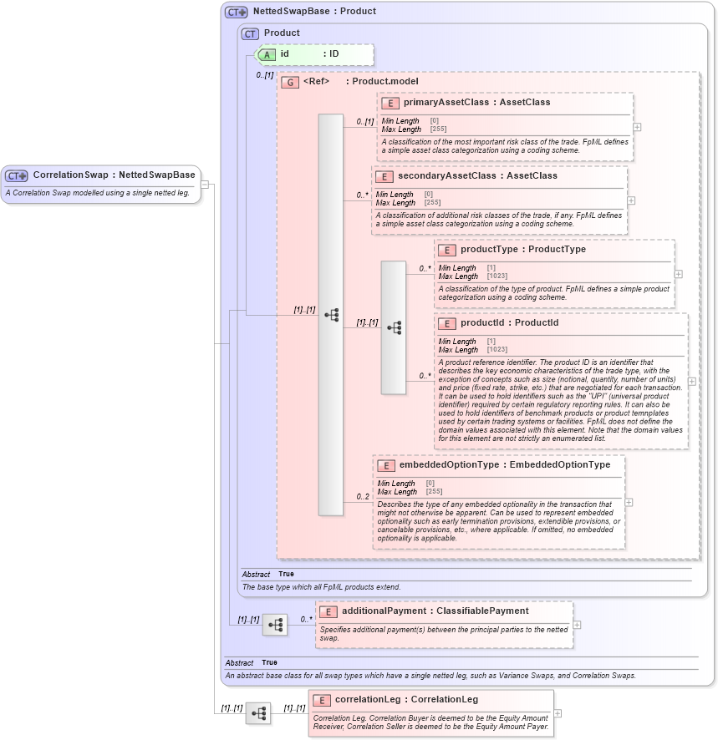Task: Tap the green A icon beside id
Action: click(x=267, y=54)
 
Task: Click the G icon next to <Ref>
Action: click(x=290, y=82)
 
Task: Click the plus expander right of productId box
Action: click(x=691, y=382)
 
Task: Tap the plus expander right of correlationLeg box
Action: click(x=558, y=713)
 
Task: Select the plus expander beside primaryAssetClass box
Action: click(x=637, y=127)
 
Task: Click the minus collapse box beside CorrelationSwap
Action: click(x=205, y=185)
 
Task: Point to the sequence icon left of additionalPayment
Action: click(x=274, y=624)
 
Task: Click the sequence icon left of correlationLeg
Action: click(x=259, y=712)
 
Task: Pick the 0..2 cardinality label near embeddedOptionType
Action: click(x=363, y=497)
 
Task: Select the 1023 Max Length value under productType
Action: click(x=497, y=276)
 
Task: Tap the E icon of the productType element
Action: click(x=446, y=250)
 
